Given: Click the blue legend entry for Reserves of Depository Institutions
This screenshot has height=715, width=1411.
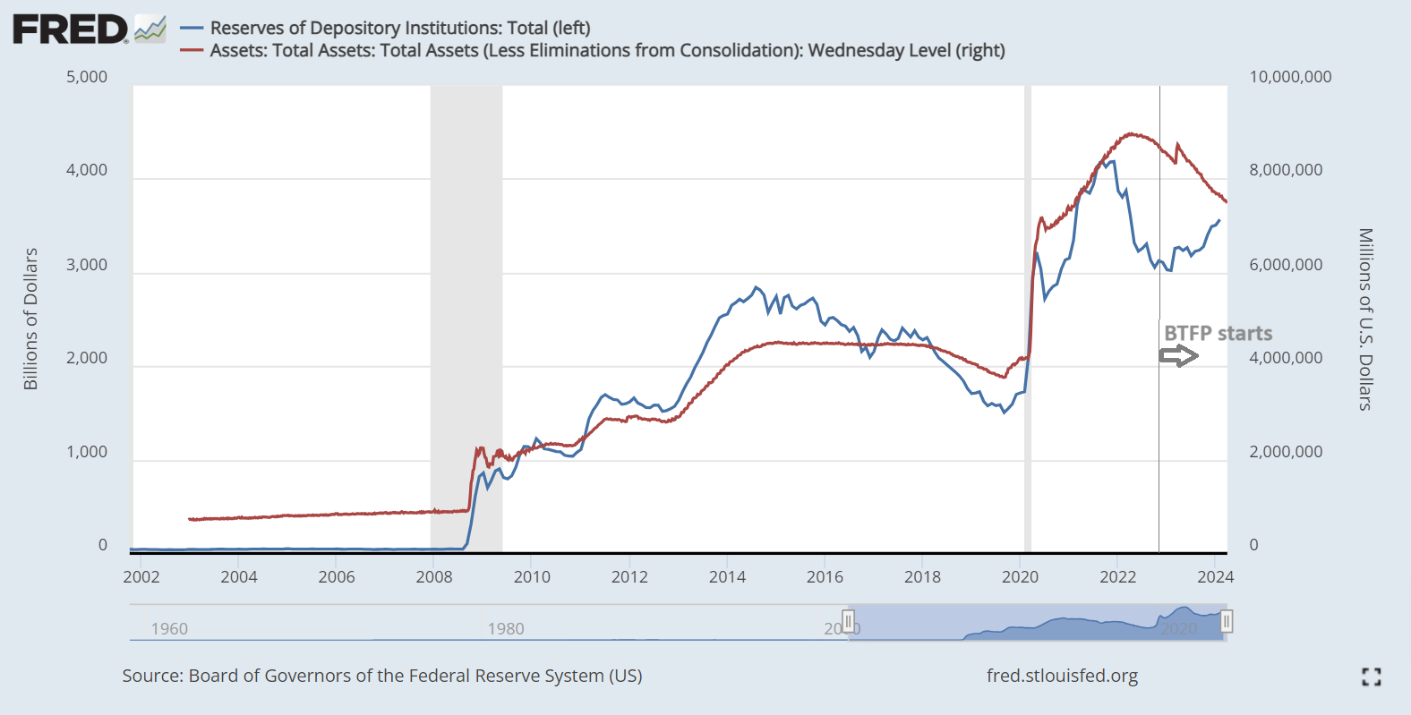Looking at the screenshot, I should [x=399, y=28].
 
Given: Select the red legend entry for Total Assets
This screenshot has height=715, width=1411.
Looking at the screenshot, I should [x=606, y=50].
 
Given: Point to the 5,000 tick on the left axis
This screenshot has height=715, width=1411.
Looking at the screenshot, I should [x=87, y=77].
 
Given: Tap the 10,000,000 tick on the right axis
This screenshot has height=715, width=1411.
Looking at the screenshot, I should [x=1290, y=77].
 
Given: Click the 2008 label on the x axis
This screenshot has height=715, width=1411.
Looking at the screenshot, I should [x=434, y=576].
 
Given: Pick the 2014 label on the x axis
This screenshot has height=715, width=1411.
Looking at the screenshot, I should [x=727, y=576].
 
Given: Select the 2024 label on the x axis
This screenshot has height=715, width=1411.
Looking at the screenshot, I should [x=1215, y=576].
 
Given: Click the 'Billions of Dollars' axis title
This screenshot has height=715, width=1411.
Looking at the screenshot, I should [x=30, y=319].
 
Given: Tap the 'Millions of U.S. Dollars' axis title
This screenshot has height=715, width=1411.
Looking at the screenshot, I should [x=1365, y=319].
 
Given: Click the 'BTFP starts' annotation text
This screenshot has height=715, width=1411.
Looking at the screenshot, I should [x=1218, y=334].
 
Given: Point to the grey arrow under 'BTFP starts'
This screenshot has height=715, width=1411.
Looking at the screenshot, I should [x=1178, y=356].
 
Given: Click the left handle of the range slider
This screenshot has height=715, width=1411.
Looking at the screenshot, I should [x=849, y=620].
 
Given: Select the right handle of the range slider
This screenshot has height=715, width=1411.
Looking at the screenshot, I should [x=1227, y=621].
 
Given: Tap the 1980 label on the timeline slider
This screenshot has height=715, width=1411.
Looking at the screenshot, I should [x=506, y=628].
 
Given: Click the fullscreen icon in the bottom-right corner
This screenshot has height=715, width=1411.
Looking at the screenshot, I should [x=1371, y=677].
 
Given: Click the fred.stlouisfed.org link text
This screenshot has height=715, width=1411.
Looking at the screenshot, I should [x=1062, y=676].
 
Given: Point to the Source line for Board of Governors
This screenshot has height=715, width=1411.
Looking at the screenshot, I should [x=382, y=676].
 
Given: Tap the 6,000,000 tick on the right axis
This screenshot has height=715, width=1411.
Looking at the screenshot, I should [x=1286, y=265].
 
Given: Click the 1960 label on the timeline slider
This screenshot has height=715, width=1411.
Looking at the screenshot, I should [x=169, y=628].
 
